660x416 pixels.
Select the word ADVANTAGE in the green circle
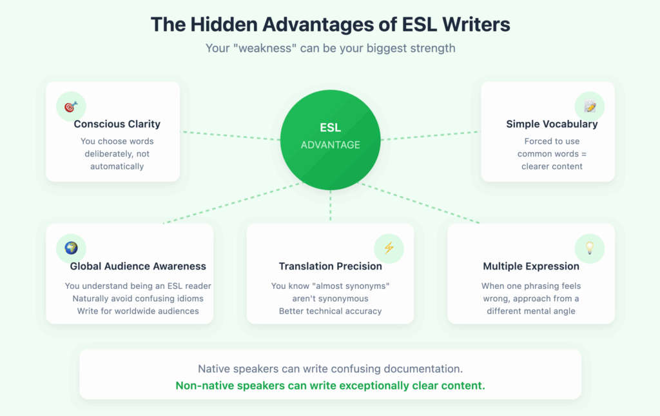point(330,144)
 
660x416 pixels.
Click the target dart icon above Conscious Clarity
point(71,106)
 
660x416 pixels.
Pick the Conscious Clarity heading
point(117,124)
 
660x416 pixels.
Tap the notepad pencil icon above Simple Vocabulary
point(589,106)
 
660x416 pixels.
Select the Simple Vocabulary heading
point(552,124)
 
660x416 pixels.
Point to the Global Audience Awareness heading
point(138,266)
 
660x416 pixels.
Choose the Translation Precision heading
point(330,266)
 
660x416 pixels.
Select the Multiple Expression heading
point(531,266)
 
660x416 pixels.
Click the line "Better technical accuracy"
point(330,311)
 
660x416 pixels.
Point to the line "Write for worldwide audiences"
point(138,311)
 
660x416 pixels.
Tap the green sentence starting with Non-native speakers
point(330,386)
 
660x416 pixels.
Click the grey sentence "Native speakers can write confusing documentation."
point(330,370)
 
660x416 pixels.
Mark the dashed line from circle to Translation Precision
point(330,206)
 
